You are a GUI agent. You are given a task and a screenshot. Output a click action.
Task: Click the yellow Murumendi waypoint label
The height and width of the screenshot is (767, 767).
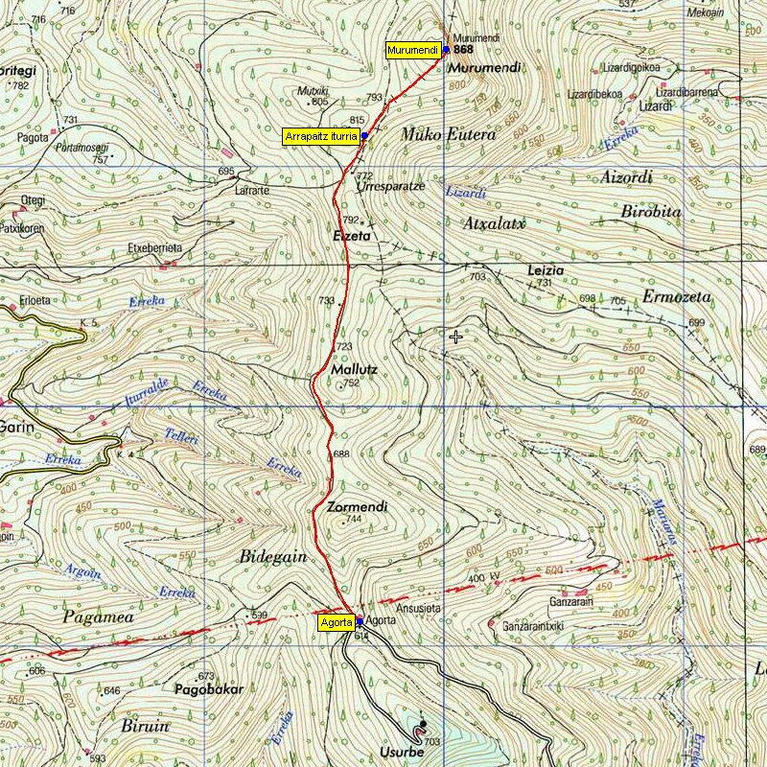(x=413, y=50)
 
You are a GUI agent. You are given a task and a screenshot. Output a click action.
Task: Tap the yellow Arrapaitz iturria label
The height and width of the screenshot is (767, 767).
(x=321, y=137)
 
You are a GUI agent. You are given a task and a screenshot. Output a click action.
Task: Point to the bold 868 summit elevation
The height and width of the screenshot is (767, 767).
(x=464, y=50)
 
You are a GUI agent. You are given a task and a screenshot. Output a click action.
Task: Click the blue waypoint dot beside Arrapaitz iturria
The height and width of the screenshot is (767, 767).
(x=365, y=136)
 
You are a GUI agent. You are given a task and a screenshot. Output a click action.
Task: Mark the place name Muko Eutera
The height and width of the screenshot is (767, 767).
(x=448, y=135)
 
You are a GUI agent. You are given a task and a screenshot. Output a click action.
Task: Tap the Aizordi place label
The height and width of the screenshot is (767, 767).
(x=625, y=177)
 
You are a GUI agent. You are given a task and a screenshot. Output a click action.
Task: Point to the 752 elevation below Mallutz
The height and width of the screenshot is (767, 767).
(x=351, y=383)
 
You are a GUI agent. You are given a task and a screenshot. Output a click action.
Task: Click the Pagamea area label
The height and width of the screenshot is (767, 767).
(x=97, y=618)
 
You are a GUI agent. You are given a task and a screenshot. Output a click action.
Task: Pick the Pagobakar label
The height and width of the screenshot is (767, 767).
(x=209, y=689)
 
